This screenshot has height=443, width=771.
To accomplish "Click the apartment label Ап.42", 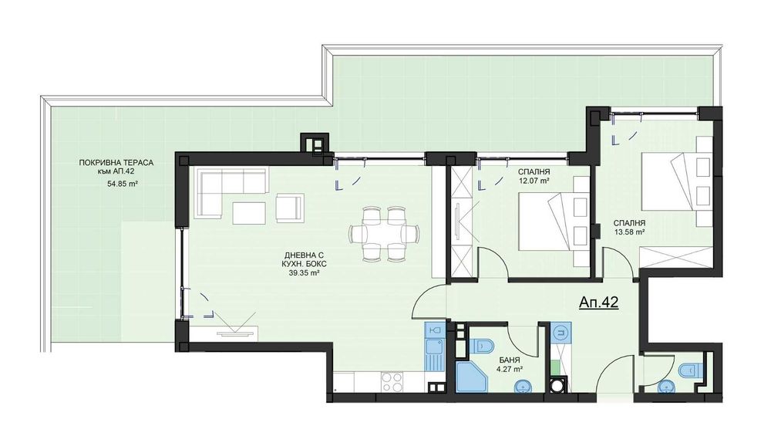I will pos(598,303).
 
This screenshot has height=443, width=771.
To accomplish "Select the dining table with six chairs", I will pos(384,232).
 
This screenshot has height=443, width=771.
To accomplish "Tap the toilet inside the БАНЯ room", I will pos(485,343).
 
